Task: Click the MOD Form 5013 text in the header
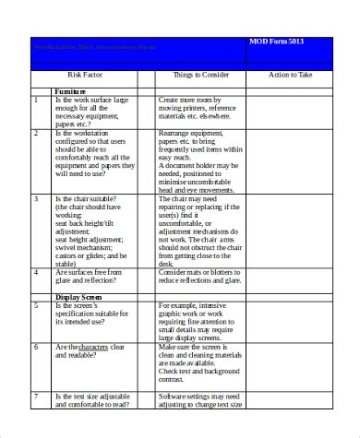(x=281, y=41)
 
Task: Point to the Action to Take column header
(x=291, y=75)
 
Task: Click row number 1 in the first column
(x=36, y=99)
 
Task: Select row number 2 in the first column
(x=36, y=133)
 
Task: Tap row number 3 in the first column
(x=36, y=197)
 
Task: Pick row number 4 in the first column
(x=36, y=272)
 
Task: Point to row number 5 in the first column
(x=36, y=305)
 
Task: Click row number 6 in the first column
(x=36, y=347)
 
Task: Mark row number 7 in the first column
(x=36, y=396)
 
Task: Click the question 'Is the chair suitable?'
(x=90, y=197)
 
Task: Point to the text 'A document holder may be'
(x=198, y=165)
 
